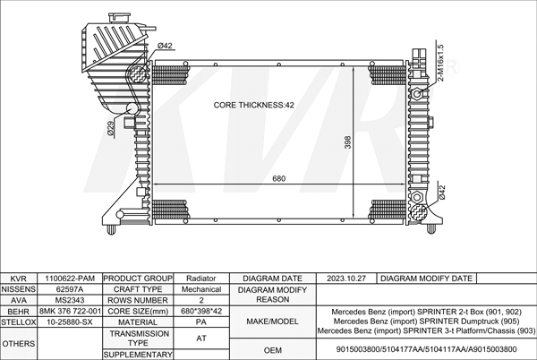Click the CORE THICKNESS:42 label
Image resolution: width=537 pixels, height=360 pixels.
(253, 105)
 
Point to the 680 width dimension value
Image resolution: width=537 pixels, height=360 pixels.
(278, 178)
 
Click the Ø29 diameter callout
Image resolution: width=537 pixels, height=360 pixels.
(111, 129)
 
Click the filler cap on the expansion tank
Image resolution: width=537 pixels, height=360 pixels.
(119, 18)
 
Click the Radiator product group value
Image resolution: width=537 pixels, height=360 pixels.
(201, 279)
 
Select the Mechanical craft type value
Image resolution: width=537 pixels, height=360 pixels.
(201, 290)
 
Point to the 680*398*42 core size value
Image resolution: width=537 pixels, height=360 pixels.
(201, 312)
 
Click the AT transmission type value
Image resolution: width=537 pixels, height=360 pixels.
(201, 338)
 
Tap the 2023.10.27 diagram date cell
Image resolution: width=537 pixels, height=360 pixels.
(348, 279)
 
